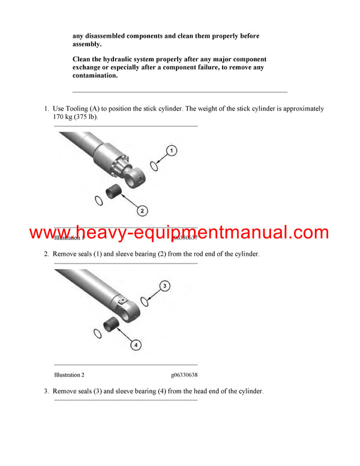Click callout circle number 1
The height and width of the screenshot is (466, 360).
click(x=171, y=151)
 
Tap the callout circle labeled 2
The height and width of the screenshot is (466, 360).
click(x=142, y=210)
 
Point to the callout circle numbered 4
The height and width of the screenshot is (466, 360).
click(x=136, y=345)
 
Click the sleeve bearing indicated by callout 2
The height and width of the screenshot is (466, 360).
click(x=115, y=192)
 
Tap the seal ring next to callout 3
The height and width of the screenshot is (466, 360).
click(x=145, y=301)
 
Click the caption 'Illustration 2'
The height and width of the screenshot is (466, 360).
click(x=69, y=375)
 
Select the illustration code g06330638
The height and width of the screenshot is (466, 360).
click(x=184, y=375)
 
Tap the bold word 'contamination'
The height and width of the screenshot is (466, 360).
click(x=95, y=76)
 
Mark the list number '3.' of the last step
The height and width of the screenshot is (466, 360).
click(x=46, y=391)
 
